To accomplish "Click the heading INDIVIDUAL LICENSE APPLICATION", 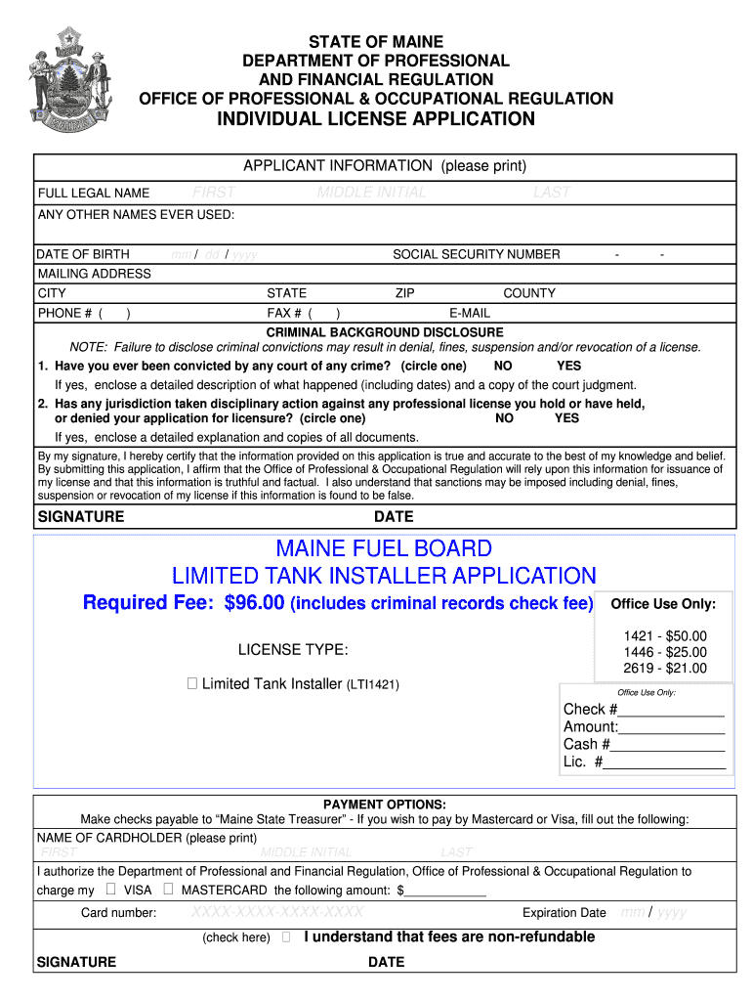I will pos(376,119).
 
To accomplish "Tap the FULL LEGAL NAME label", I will pos(94,193).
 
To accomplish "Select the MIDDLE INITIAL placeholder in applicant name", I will pos(372,193).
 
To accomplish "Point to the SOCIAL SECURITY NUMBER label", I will pos(477,254).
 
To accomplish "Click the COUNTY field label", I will pos(529,293).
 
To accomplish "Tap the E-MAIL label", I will pos(470,314).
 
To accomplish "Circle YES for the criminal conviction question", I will pos(568,366).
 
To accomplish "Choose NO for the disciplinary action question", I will pos(505,417).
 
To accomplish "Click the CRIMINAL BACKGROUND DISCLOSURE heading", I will pos(385,332).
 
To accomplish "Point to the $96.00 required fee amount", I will pos(254,603).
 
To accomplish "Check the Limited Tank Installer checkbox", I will pos(192,684).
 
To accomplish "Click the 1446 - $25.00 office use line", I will pos(664,652).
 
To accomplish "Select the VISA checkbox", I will pos(110,890).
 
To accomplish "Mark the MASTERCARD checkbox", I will pos(169,890).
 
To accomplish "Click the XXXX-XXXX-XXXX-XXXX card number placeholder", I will pos(277,912).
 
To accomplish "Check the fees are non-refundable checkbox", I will pos(285,937).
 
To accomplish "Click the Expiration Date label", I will pos(564,913).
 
